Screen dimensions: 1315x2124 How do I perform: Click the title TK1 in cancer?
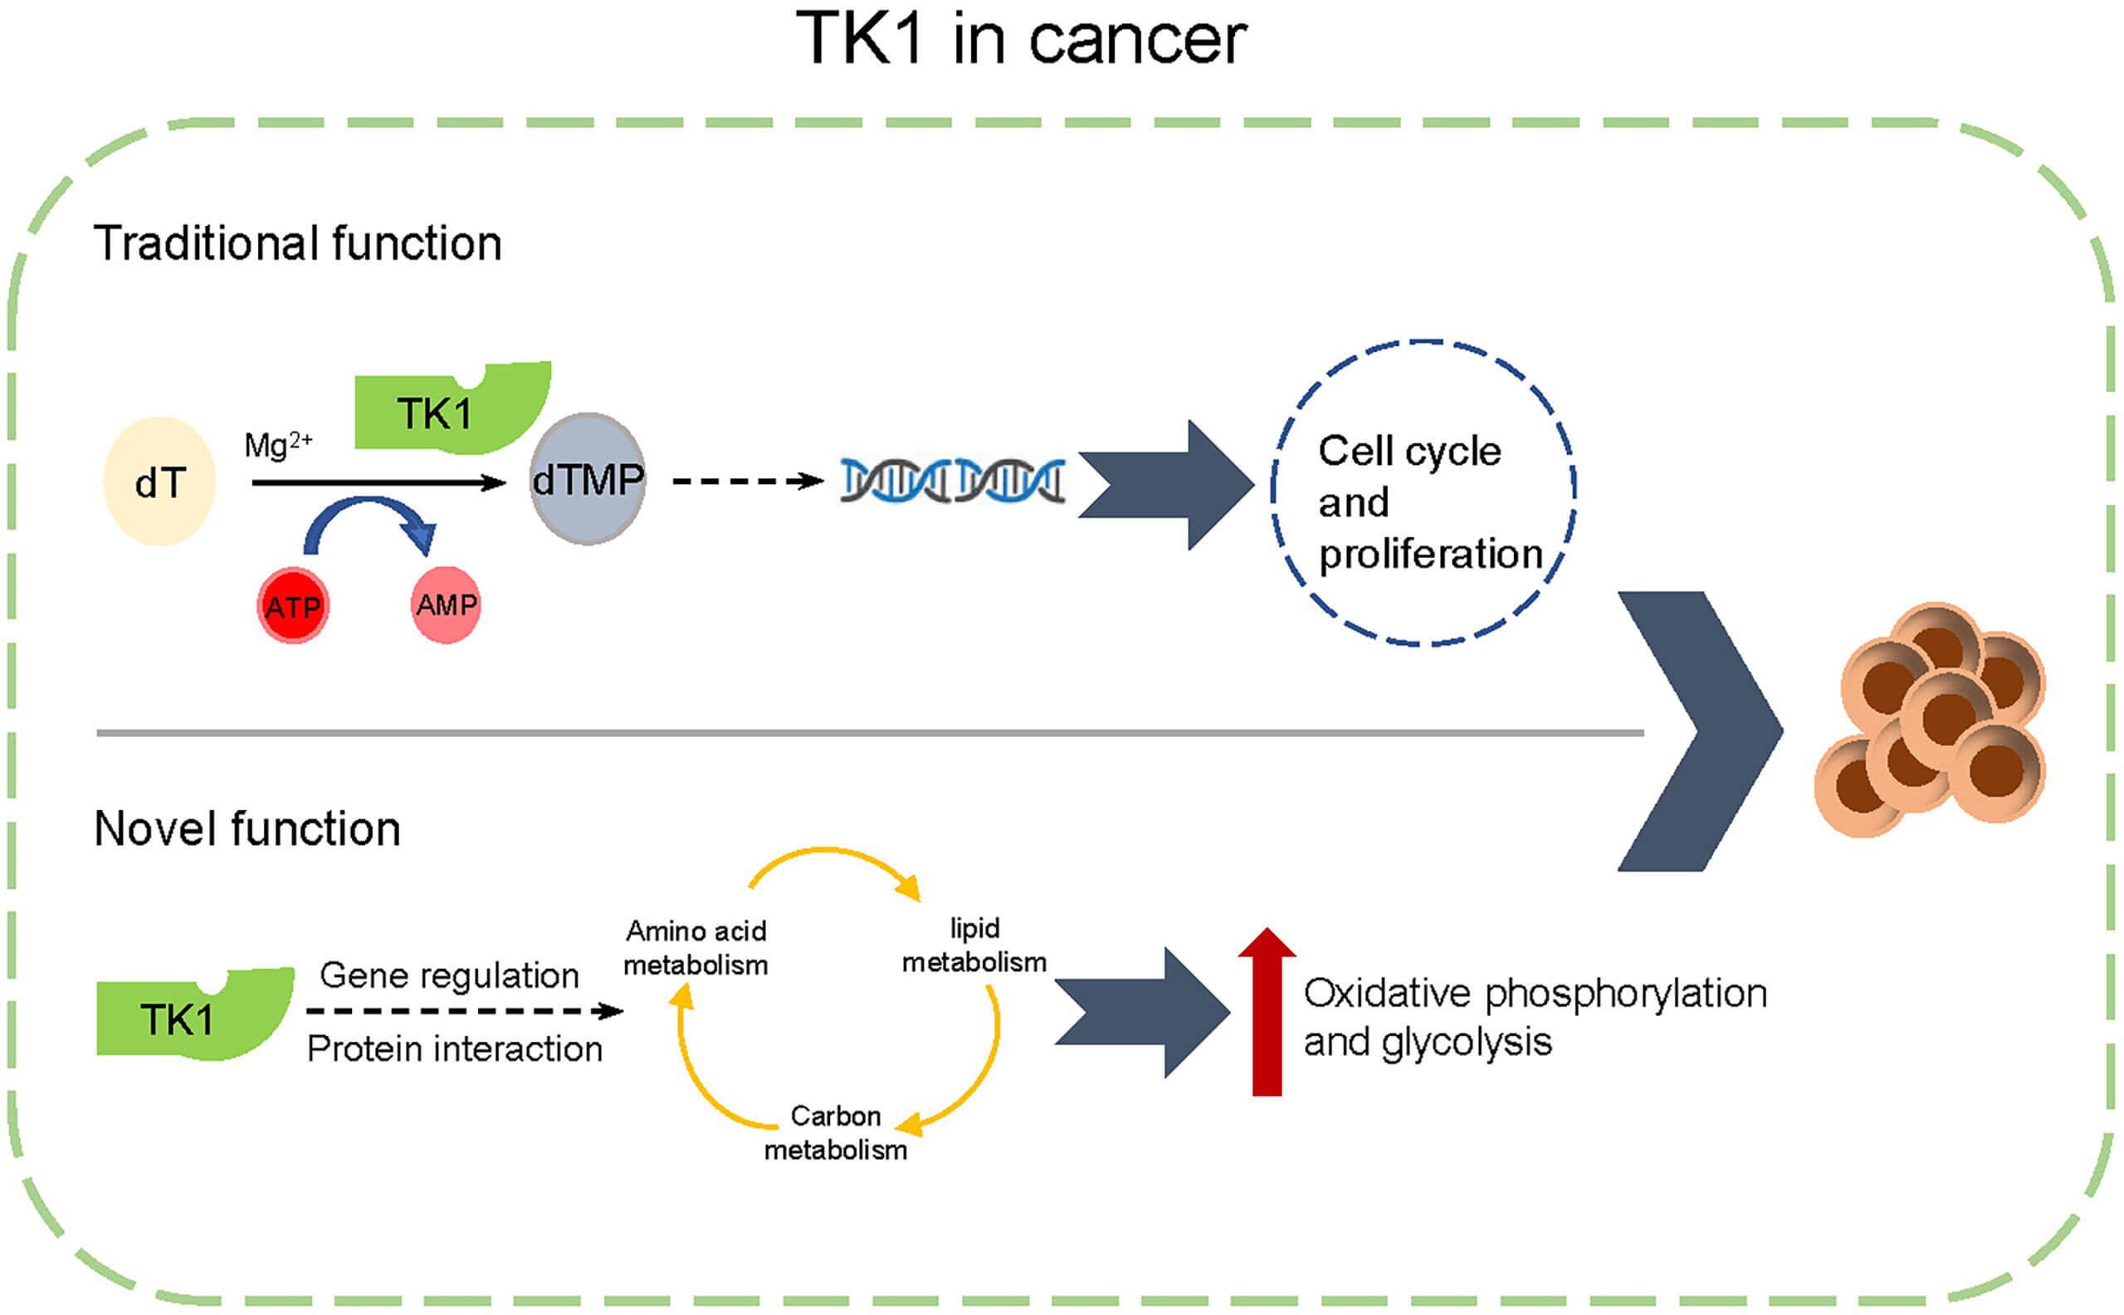(x=1021, y=40)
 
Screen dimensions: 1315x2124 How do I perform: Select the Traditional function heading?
(x=297, y=243)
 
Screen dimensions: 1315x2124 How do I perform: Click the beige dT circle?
(x=160, y=482)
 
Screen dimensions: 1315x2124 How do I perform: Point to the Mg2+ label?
(x=277, y=444)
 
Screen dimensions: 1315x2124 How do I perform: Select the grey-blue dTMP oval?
(x=588, y=479)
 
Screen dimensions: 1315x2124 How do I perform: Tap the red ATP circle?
(x=293, y=606)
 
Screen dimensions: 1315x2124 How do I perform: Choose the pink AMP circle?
(x=445, y=604)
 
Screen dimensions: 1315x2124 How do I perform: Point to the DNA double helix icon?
(x=952, y=481)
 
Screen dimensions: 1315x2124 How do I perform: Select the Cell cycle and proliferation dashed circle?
(x=1423, y=493)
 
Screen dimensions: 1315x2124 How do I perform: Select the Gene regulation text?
(x=449, y=975)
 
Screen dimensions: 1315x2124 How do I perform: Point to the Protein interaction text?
(x=454, y=1049)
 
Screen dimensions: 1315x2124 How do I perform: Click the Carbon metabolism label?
(x=835, y=1133)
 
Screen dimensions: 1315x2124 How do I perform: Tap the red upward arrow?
(x=1267, y=1013)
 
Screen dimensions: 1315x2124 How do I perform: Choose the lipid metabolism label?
(x=974, y=946)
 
